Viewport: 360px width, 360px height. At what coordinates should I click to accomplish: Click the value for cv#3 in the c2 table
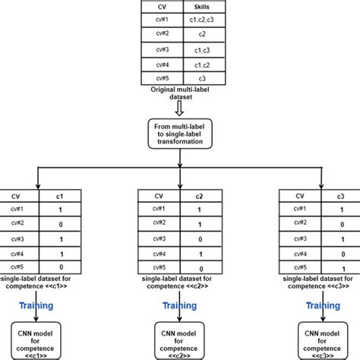(x=199, y=240)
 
